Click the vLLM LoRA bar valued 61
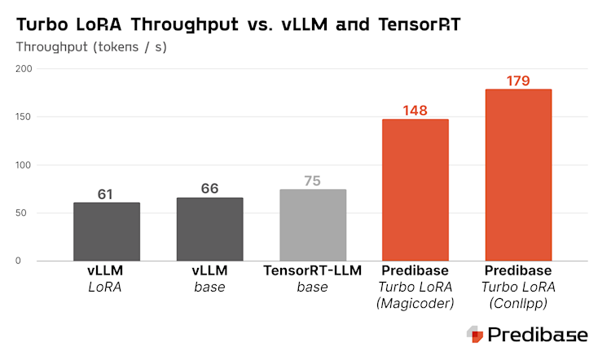pyautogui.click(x=107, y=231)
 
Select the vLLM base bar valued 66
pyautogui.click(x=209, y=229)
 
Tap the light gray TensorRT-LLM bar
pyautogui.click(x=312, y=226)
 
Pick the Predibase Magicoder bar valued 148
pyautogui.click(x=415, y=191)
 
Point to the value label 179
pyautogui.click(x=518, y=81)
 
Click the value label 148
pyautogui.click(x=415, y=111)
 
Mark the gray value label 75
pyautogui.click(x=312, y=181)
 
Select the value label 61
pyautogui.click(x=107, y=194)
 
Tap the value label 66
pyautogui.click(x=209, y=189)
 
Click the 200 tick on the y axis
pyautogui.click(x=23, y=70)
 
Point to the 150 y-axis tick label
pyautogui.click(x=23, y=118)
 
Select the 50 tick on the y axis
pyautogui.click(x=26, y=213)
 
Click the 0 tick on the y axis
pyautogui.click(x=29, y=261)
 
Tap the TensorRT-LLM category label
pyautogui.click(x=312, y=270)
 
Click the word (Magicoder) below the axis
pyautogui.click(x=415, y=303)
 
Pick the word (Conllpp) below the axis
pyautogui.click(x=518, y=303)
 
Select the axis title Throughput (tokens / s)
pyautogui.click(x=91, y=47)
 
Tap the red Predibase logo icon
pyautogui.click(x=475, y=334)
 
